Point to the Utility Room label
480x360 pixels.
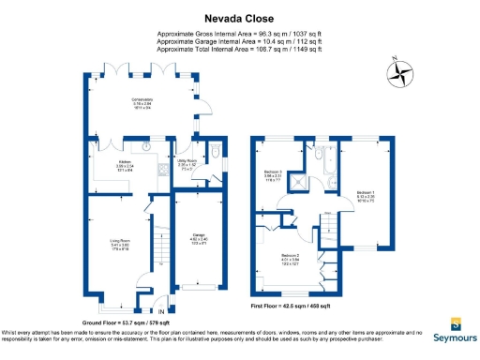click(x=188, y=162)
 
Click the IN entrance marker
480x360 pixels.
click(x=161, y=310)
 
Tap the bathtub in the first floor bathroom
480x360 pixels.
click(x=331, y=166)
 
